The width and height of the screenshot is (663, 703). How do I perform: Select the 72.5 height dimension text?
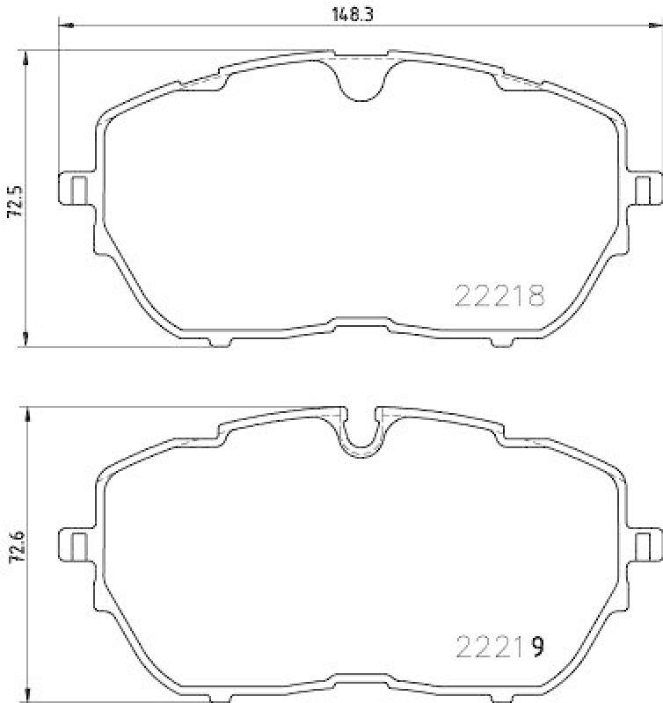[12, 200]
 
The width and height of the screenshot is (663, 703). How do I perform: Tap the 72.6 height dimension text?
[12, 551]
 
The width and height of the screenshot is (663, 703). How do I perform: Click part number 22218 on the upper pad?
[499, 296]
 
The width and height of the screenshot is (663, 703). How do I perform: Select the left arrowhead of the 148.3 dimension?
[64, 26]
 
